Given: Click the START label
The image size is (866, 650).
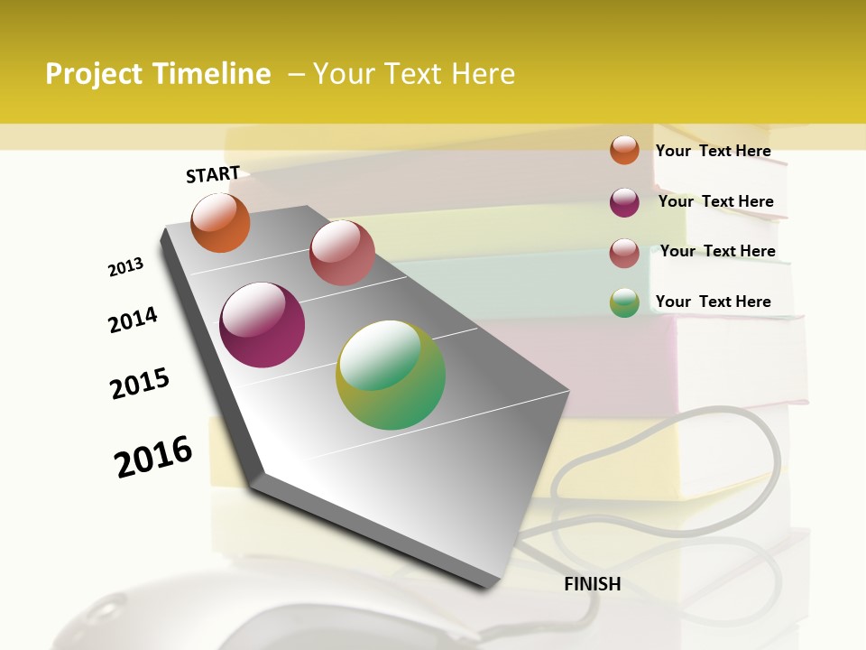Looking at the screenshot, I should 213,174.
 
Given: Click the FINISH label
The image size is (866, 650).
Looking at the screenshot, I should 592,584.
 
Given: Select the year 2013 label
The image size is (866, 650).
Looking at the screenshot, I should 125,267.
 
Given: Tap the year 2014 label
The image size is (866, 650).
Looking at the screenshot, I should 133,320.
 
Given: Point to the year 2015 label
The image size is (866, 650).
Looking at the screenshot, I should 140,384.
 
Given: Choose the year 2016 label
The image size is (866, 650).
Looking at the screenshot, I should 153,457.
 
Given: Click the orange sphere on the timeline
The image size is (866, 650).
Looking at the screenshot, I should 220,223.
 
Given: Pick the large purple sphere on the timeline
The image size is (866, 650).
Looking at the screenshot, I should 263,325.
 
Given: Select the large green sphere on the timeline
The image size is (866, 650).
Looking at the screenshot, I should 391,375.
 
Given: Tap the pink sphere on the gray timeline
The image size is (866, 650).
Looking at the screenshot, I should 342,253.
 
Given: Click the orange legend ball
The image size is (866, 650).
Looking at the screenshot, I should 624,150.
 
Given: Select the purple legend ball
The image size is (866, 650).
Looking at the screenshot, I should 624,202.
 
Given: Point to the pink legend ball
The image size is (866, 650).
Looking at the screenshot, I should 624,253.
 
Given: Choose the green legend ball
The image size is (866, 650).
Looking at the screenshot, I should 624,302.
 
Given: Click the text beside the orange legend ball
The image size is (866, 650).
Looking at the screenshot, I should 713,151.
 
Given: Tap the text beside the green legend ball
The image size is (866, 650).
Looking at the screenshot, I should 713,302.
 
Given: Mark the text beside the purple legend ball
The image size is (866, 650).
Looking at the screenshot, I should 715,201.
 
